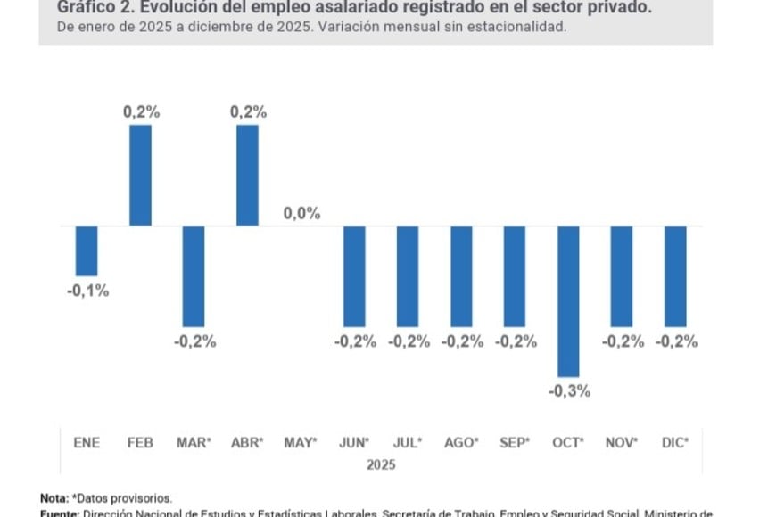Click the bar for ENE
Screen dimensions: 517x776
pyautogui.click(x=87, y=250)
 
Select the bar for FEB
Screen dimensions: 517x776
pyautogui.click(x=140, y=175)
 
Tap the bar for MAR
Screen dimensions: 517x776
pyautogui.click(x=194, y=276)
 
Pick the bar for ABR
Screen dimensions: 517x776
pyautogui.click(x=247, y=175)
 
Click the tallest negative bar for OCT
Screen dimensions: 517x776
pyautogui.click(x=568, y=301)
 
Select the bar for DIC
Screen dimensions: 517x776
pyautogui.click(x=675, y=276)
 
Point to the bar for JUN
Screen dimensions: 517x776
pyautogui.click(x=354, y=276)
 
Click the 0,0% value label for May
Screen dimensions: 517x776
pyautogui.click(x=301, y=214)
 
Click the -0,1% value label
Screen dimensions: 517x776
pyautogui.click(x=87, y=291)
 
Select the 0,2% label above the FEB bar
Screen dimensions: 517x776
pyautogui.click(x=141, y=111)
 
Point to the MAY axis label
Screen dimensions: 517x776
pyautogui.click(x=300, y=442)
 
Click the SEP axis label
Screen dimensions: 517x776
pyautogui.click(x=515, y=442)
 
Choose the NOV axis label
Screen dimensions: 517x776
pyautogui.click(x=622, y=442)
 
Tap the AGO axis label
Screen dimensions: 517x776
pyautogui.click(x=461, y=442)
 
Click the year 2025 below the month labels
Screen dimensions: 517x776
pyautogui.click(x=381, y=464)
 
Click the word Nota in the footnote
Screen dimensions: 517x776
pyautogui.click(x=54, y=497)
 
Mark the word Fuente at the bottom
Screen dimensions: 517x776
pyautogui.click(x=60, y=513)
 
